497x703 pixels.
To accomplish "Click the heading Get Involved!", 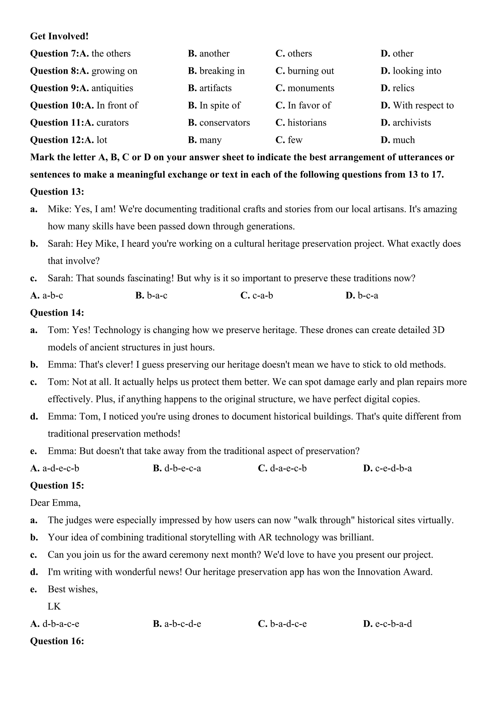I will click(x=59, y=36).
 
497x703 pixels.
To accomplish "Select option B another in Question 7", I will click(x=209, y=54).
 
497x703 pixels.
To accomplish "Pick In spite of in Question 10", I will click(x=214, y=106).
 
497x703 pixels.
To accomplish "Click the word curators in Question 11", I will click(x=112, y=123).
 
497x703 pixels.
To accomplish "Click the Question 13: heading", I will click(x=57, y=192).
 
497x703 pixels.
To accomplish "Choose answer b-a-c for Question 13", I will click(x=151, y=296).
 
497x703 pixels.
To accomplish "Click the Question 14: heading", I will click(x=57, y=313).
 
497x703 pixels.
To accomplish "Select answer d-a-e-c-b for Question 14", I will click(x=282, y=469).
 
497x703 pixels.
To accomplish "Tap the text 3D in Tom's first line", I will click(x=438, y=330).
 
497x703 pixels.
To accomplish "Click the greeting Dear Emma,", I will click(x=55, y=503).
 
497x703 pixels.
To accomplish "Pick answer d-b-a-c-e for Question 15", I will click(x=55, y=624).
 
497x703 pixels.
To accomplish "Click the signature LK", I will click(x=54, y=607).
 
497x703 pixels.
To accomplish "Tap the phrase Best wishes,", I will click(x=73, y=589).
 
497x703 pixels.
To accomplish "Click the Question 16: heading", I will click(x=57, y=641).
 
